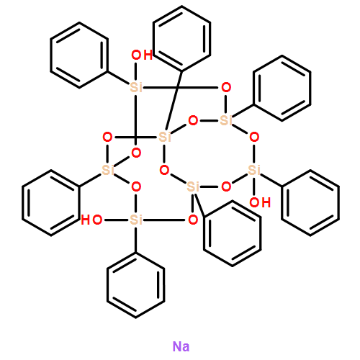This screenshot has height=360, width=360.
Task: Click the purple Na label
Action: [181, 346]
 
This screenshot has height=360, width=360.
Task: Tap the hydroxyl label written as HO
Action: [91, 220]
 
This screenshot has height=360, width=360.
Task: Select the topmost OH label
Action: [142, 55]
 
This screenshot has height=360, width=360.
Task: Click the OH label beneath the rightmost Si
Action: [260, 202]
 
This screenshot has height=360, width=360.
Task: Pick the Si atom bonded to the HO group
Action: [136, 220]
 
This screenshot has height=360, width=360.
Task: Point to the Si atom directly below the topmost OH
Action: [136, 87]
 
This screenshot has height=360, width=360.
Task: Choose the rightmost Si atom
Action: [254, 170]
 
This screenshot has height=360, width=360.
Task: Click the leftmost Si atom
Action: [108, 170]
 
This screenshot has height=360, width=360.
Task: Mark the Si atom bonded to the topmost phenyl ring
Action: [165, 137]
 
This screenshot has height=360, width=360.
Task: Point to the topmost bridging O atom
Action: [226, 87]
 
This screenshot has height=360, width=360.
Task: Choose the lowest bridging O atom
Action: [193, 220]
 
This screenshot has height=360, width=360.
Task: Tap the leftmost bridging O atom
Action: [107, 137]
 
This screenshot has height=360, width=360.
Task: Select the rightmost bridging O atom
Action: [254, 137]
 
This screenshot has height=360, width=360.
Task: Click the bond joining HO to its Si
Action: [116, 220]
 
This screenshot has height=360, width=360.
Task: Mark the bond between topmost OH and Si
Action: [136, 71]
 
